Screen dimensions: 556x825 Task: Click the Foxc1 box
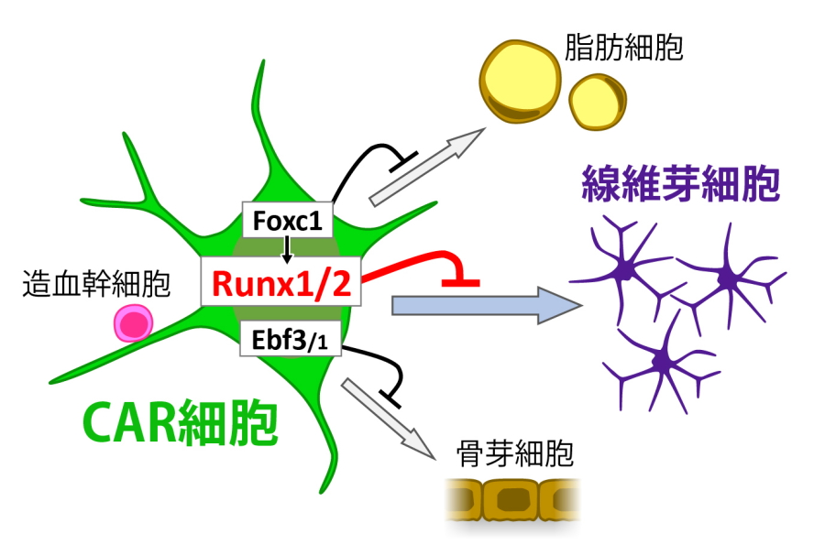click(x=286, y=220)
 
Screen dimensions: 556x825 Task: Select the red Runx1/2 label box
click(x=281, y=283)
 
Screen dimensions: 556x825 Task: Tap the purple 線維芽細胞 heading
click(x=680, y=187)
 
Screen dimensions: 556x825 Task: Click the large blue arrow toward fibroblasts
click(x=477, y=305)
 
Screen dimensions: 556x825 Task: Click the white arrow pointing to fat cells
click(x=426, y=166)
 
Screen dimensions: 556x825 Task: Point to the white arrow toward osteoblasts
click(x=387, y=417)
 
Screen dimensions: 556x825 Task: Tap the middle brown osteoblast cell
click(x=511, y=500)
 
